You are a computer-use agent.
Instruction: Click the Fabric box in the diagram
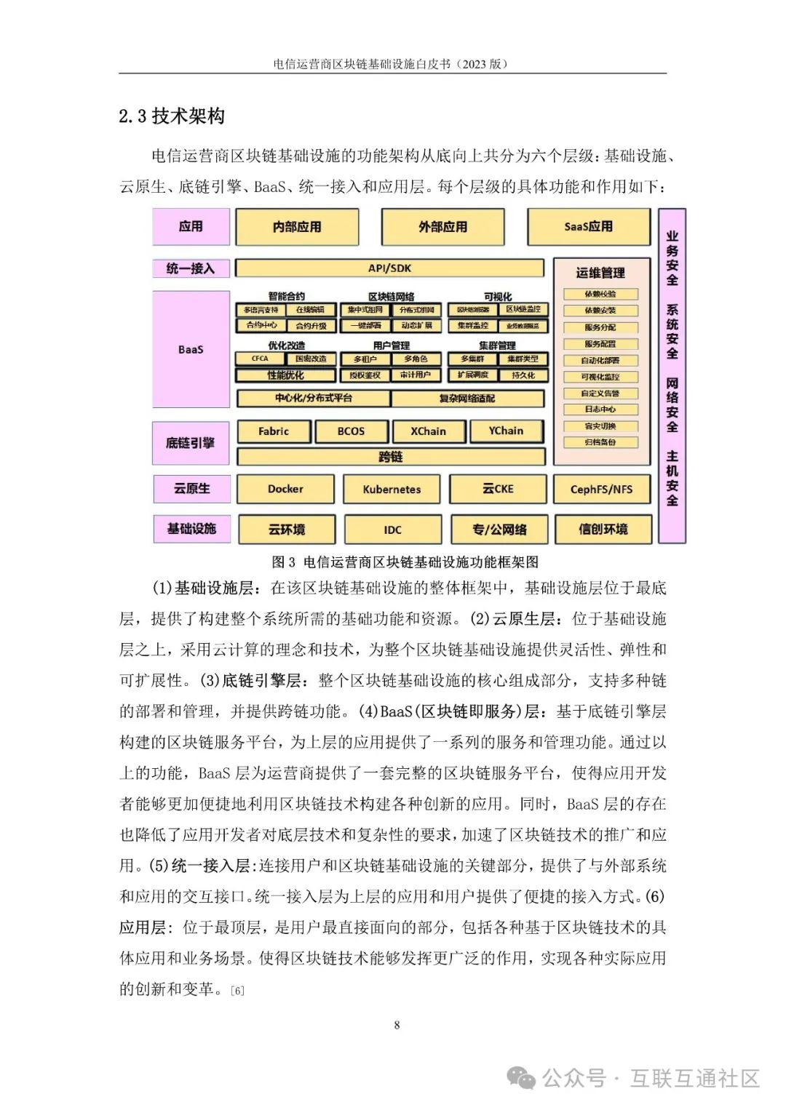point(274,431)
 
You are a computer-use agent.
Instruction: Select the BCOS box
point(351,431)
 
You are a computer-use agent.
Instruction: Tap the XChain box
point(428,431)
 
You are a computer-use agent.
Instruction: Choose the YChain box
point(506,431)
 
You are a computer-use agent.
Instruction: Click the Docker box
point(285,489)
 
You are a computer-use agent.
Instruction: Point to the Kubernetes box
point(392,490)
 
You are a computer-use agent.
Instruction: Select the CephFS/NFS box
point(601,490)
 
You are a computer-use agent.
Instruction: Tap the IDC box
point(392,530)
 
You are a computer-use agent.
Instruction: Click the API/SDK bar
point(389,268)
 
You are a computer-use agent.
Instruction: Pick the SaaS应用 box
point(588,227)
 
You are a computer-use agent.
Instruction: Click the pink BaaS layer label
point(191,349)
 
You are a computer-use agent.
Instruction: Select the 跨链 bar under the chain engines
point(391,457)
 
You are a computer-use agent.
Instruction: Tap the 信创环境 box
point(603,530)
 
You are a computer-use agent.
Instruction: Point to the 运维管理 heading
point(600,273)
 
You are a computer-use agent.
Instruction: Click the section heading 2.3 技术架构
point(172,116)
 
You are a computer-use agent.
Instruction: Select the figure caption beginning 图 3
point(405,562)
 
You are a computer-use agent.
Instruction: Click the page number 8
point(397,1025)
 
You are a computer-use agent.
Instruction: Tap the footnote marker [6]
point(237,991)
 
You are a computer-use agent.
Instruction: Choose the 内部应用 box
point(297,227)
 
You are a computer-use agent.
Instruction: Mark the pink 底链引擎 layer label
point(191,442)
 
